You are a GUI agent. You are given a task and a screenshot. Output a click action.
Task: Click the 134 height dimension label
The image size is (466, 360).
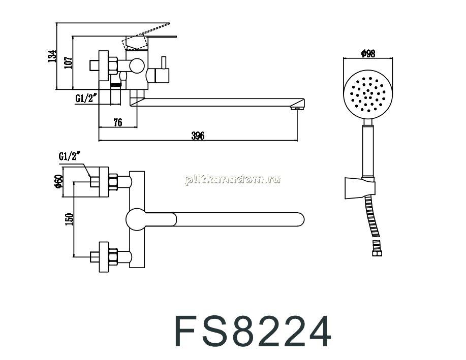point(52,56)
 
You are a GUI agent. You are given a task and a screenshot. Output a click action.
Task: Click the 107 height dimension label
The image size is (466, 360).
point(69,62)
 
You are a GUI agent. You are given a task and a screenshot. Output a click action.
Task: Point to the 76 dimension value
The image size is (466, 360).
point(118,122)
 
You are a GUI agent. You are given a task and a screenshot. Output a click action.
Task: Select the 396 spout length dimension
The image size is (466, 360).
point(198,136)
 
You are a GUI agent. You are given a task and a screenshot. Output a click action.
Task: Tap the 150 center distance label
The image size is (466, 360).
point(69,219)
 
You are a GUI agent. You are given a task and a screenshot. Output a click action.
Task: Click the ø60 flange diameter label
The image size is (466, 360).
point(58,181)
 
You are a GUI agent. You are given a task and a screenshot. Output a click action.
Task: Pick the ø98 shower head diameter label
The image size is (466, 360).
point(368,53)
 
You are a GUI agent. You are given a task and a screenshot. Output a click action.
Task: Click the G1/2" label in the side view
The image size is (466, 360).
point(86,97)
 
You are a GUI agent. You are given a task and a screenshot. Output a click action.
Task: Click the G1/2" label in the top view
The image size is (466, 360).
point(70,156)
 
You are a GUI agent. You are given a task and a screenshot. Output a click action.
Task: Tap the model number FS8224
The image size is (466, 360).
point(253,332)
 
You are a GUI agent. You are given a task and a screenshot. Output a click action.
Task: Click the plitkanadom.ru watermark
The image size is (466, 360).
point(233,179)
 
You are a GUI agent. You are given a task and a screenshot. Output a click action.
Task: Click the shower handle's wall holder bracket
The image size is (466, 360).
point(360,188)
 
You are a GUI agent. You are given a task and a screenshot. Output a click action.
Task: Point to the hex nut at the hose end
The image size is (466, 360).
point(378,252)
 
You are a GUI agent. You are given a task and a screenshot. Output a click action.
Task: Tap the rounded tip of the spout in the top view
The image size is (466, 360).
point(300,219)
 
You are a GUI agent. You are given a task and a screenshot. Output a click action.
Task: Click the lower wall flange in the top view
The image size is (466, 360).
point(104,257)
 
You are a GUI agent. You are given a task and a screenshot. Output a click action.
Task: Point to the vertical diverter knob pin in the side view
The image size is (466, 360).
point(163,62)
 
